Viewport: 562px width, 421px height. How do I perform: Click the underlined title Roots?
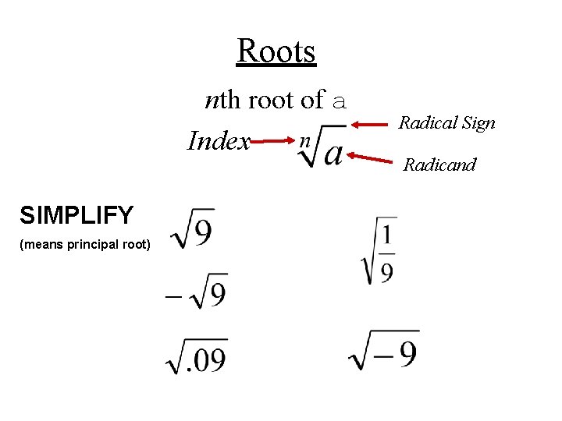click(276, 51)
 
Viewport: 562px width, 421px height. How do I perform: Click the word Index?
click(219, 142)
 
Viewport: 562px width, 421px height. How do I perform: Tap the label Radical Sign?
click(446, 122)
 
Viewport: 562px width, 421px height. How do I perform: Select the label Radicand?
click(439, 165)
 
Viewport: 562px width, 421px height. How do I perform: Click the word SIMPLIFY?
click(76, 214)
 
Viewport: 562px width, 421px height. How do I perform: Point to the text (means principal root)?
click(85, 245)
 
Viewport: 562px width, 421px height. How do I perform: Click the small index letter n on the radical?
click(306, 140)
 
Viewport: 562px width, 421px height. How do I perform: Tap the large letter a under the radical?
click(333, 152)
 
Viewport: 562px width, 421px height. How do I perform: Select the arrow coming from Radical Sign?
click(372, 123)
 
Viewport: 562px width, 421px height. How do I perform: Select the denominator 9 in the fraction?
click(386, 271)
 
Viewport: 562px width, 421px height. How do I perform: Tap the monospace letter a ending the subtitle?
click(338, 101)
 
